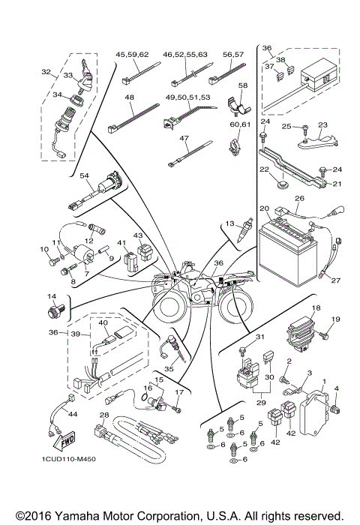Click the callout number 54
click(x=85, y=176)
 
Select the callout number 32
click(x=46, y=73)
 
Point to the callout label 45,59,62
click(x=132, y=55)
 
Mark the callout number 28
click(x=104, y=415)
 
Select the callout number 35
click(x=189, y=370)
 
